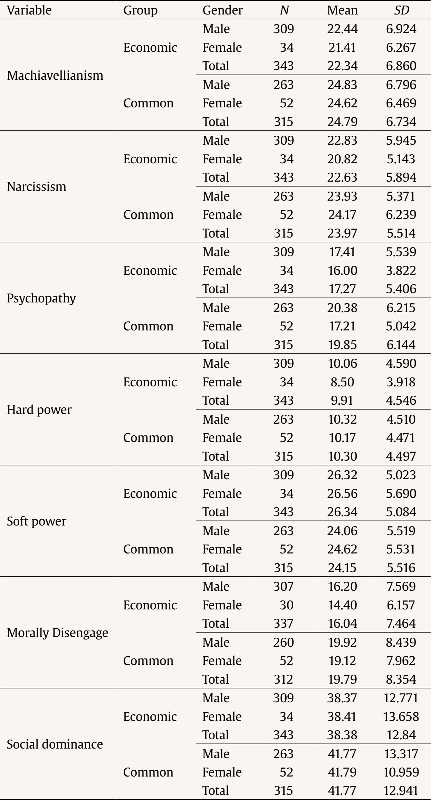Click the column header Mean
(x=342, y=10)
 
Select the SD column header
(x=401, y=10)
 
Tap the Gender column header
(x=222, y=10)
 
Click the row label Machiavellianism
(x=55, y=75)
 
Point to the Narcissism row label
(x=37, y=187)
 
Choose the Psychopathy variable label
(x=41, y=298)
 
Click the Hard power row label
(x=39, y=410)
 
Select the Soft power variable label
(x=37, y=521)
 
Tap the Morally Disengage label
(x=57, y=633)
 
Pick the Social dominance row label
(x=55, y=744)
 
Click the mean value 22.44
(x=342, y=29)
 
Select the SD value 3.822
(x=401, y=271)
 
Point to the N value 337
(x=283, y=624)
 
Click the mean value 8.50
(x=342, y=382)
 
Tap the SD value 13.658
(x=401, y=717)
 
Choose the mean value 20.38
(x=342, y=308)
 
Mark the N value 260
(x=283, y=643)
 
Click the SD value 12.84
(x=401, y=735)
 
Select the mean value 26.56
(x=342, y=494)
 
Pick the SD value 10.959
(x=401, y=772)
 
